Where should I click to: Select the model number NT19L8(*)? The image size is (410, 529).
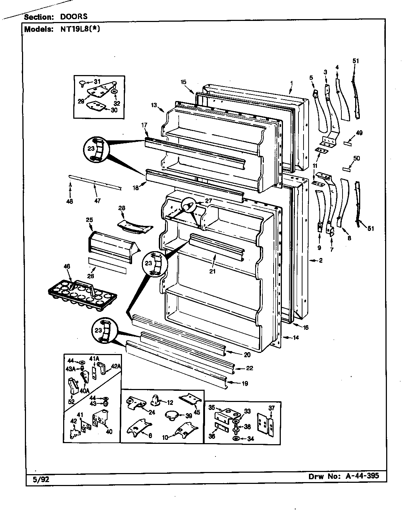point(77,29)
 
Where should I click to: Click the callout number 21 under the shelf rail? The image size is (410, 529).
point(212,271)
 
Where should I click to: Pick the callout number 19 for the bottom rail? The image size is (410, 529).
point(245,384)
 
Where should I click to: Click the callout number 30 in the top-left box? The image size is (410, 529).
point(114,110)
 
